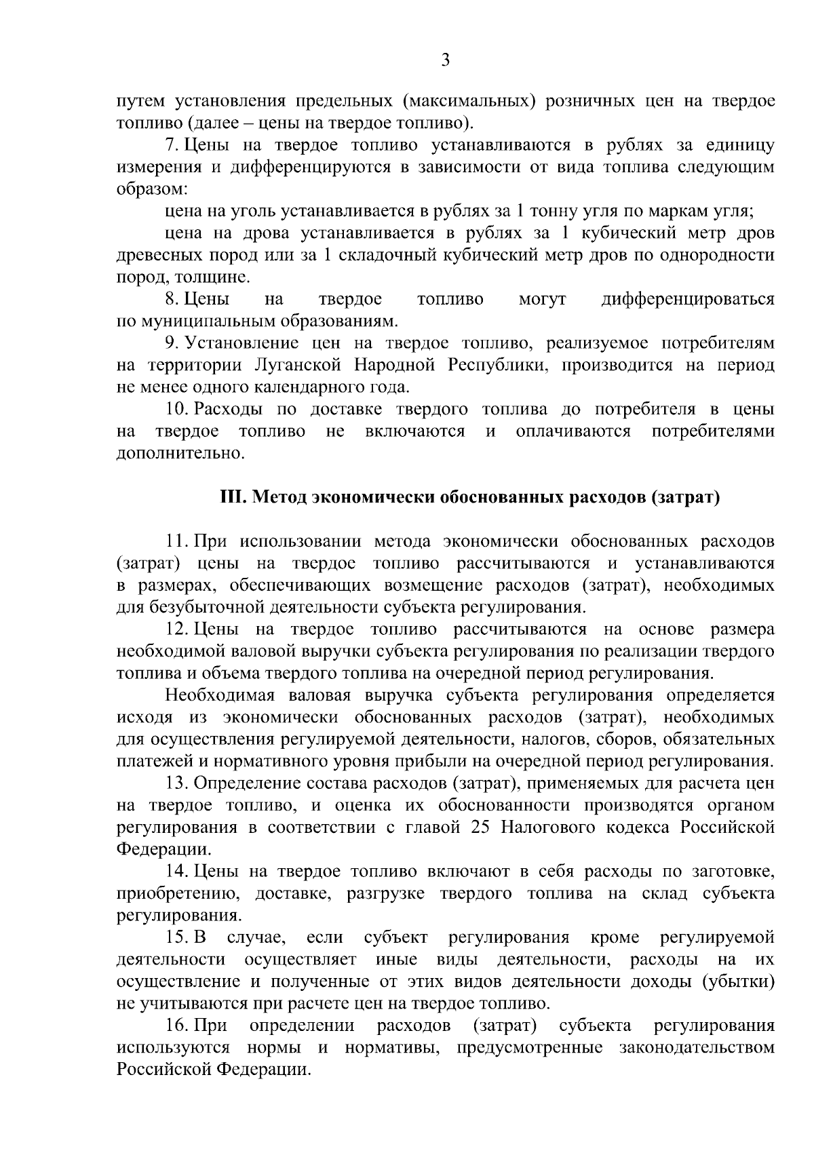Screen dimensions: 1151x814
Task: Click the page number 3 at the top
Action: click(445, 61)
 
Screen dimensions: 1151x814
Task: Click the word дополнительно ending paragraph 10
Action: click(180, 453)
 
